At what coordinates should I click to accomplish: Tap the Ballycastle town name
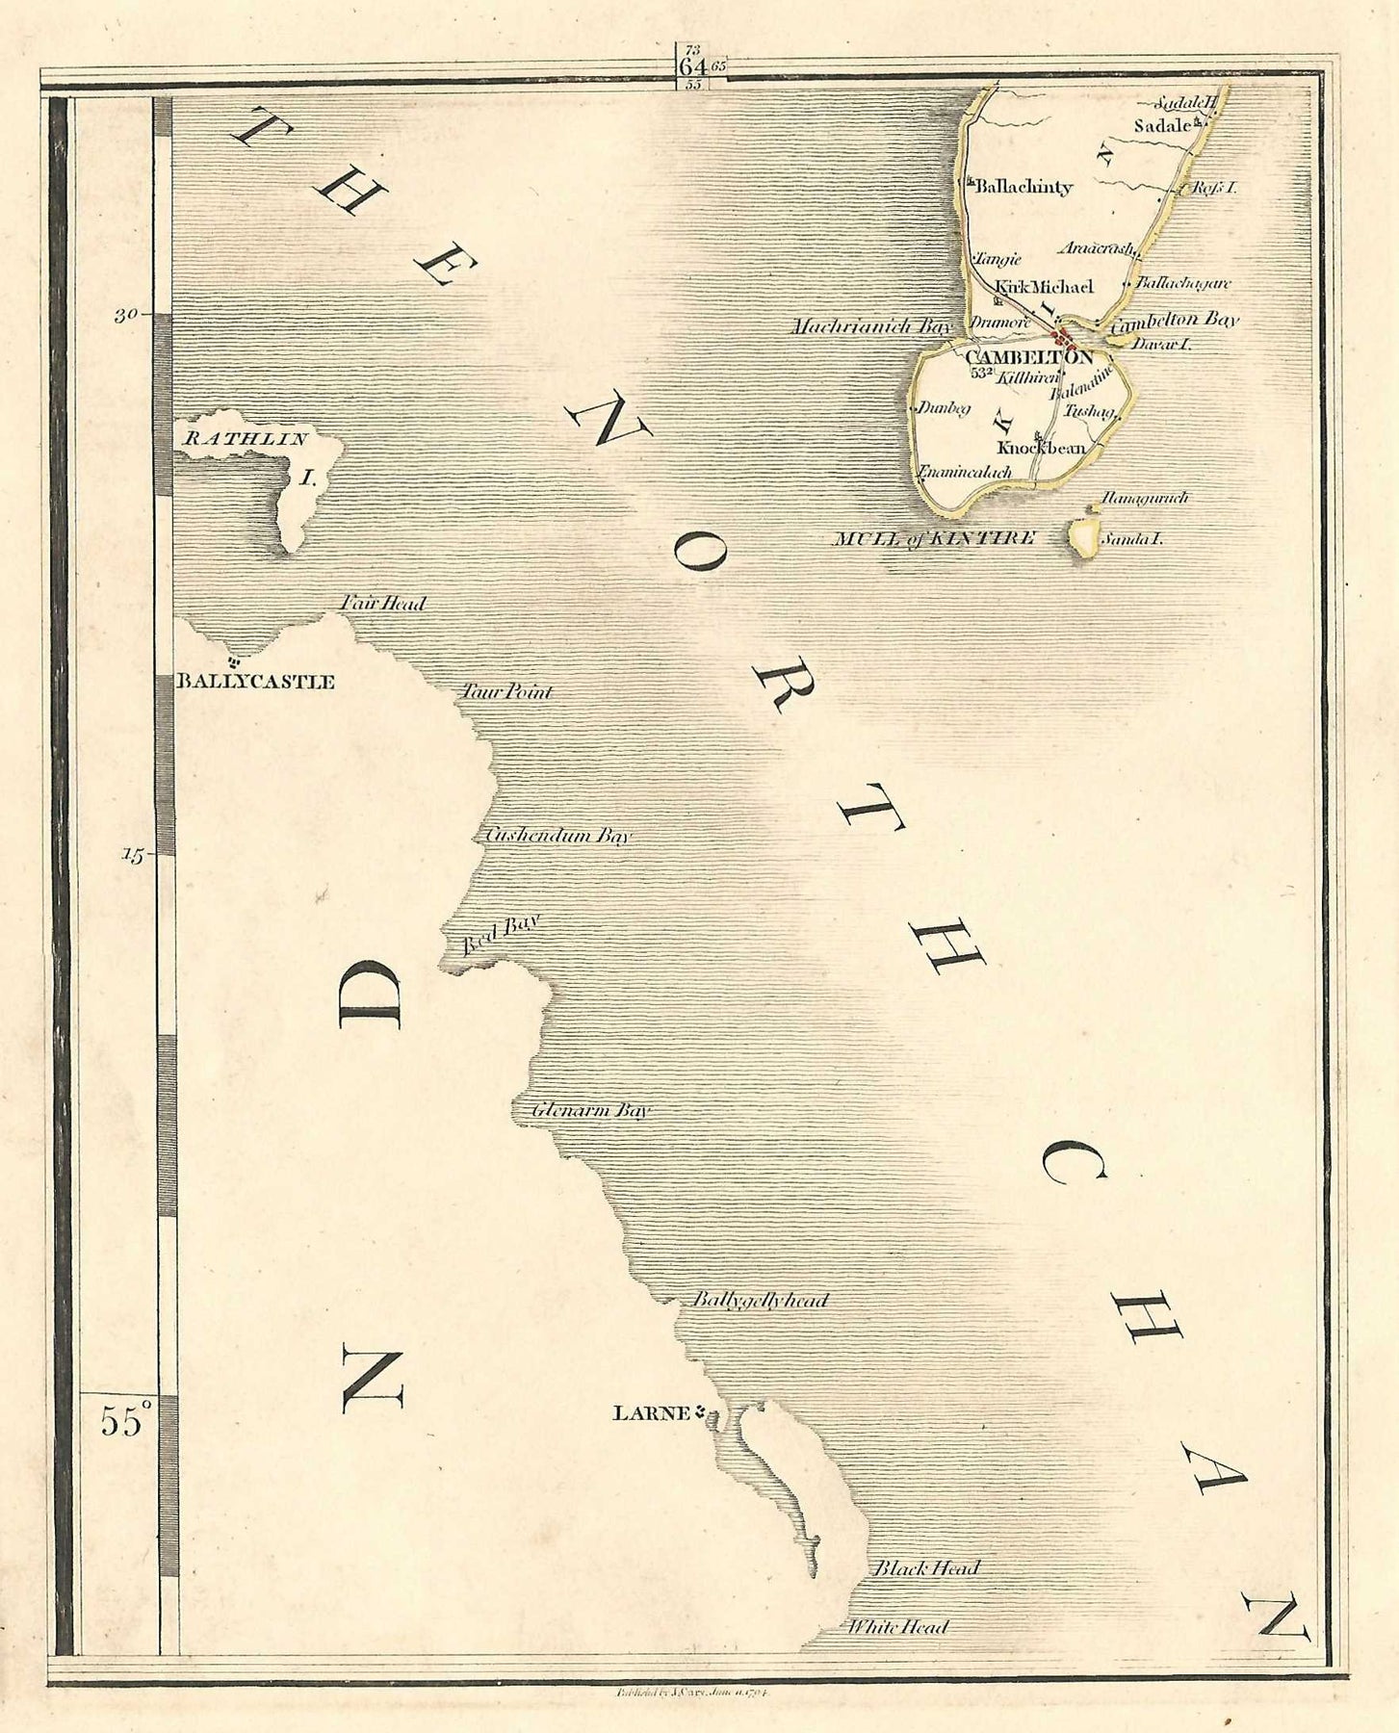[254, 682]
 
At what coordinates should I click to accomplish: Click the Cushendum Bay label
[557, 836]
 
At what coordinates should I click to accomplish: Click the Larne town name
[651, 1413]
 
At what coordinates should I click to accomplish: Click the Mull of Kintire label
[933, 538]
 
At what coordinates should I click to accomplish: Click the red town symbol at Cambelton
[1063, 338]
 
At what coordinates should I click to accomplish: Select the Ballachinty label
[1023, 188]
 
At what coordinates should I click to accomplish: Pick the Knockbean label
[1041, 448]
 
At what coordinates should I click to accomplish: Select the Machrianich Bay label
[869, 326]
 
